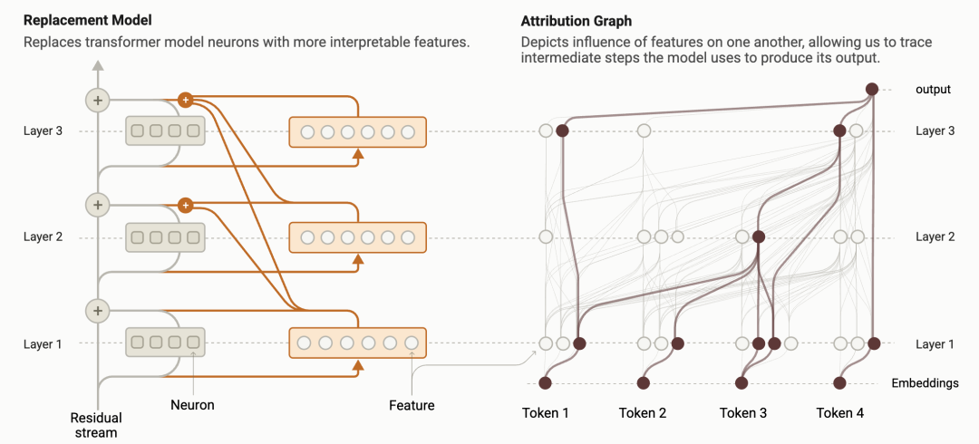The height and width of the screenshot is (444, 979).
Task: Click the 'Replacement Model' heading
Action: point(88,20)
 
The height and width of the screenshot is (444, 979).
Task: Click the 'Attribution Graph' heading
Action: point(577,20)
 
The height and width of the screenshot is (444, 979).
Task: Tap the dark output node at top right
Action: point(871,89)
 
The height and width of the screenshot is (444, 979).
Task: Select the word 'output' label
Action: point(933,90)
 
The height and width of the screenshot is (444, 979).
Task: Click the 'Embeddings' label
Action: point(925,383)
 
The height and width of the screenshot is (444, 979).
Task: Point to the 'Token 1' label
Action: point(546,413)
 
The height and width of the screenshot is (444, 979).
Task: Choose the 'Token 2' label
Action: point(643,413)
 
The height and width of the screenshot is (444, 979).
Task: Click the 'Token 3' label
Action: point(743,413)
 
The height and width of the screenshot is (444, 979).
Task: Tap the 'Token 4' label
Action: point(840,413)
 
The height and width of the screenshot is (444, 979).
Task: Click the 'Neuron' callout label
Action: point(192,405)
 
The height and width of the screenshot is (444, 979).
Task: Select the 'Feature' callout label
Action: point(412,405)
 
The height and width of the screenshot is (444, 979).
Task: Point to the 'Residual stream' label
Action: point(96,425)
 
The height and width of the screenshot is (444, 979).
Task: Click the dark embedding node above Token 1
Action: point(545,382)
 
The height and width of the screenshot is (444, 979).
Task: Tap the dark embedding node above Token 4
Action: point(840,382)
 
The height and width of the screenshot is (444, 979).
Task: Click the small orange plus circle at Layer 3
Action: point(185,100)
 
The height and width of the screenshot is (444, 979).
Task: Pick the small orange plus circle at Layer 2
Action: point(185,206)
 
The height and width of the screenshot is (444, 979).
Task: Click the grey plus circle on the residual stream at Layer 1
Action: point(96,311)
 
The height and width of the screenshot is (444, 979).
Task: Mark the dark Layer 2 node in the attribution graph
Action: point(759,237)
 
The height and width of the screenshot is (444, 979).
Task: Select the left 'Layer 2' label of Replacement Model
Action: point(44,237)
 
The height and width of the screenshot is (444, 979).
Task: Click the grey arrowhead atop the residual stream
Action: point(96,65)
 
